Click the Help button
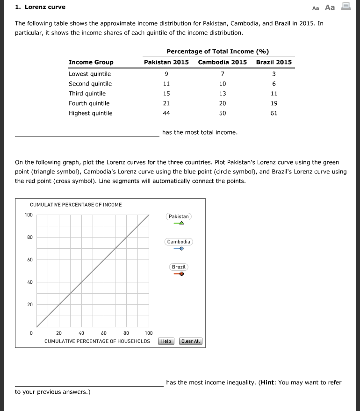(x=166, y=341)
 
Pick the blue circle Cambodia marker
(x=181, y=249)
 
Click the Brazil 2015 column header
(x=274, y=62)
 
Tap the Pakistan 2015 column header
(x=166, y=62)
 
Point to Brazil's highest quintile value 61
(x=274, y=113)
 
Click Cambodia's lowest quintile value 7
(x=223, y=74)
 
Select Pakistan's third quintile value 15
(x=166, y=94)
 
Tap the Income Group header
(x=91, y=62)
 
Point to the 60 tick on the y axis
(x=29, y=260)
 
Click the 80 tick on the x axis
(x=126, y=333)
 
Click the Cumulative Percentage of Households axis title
(x=97, y=341)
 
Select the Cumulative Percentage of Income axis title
(x=76, y=205)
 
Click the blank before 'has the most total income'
(x=87, y=133)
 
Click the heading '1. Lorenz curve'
(x=40, y=7)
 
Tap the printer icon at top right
(x=346, y=7)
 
